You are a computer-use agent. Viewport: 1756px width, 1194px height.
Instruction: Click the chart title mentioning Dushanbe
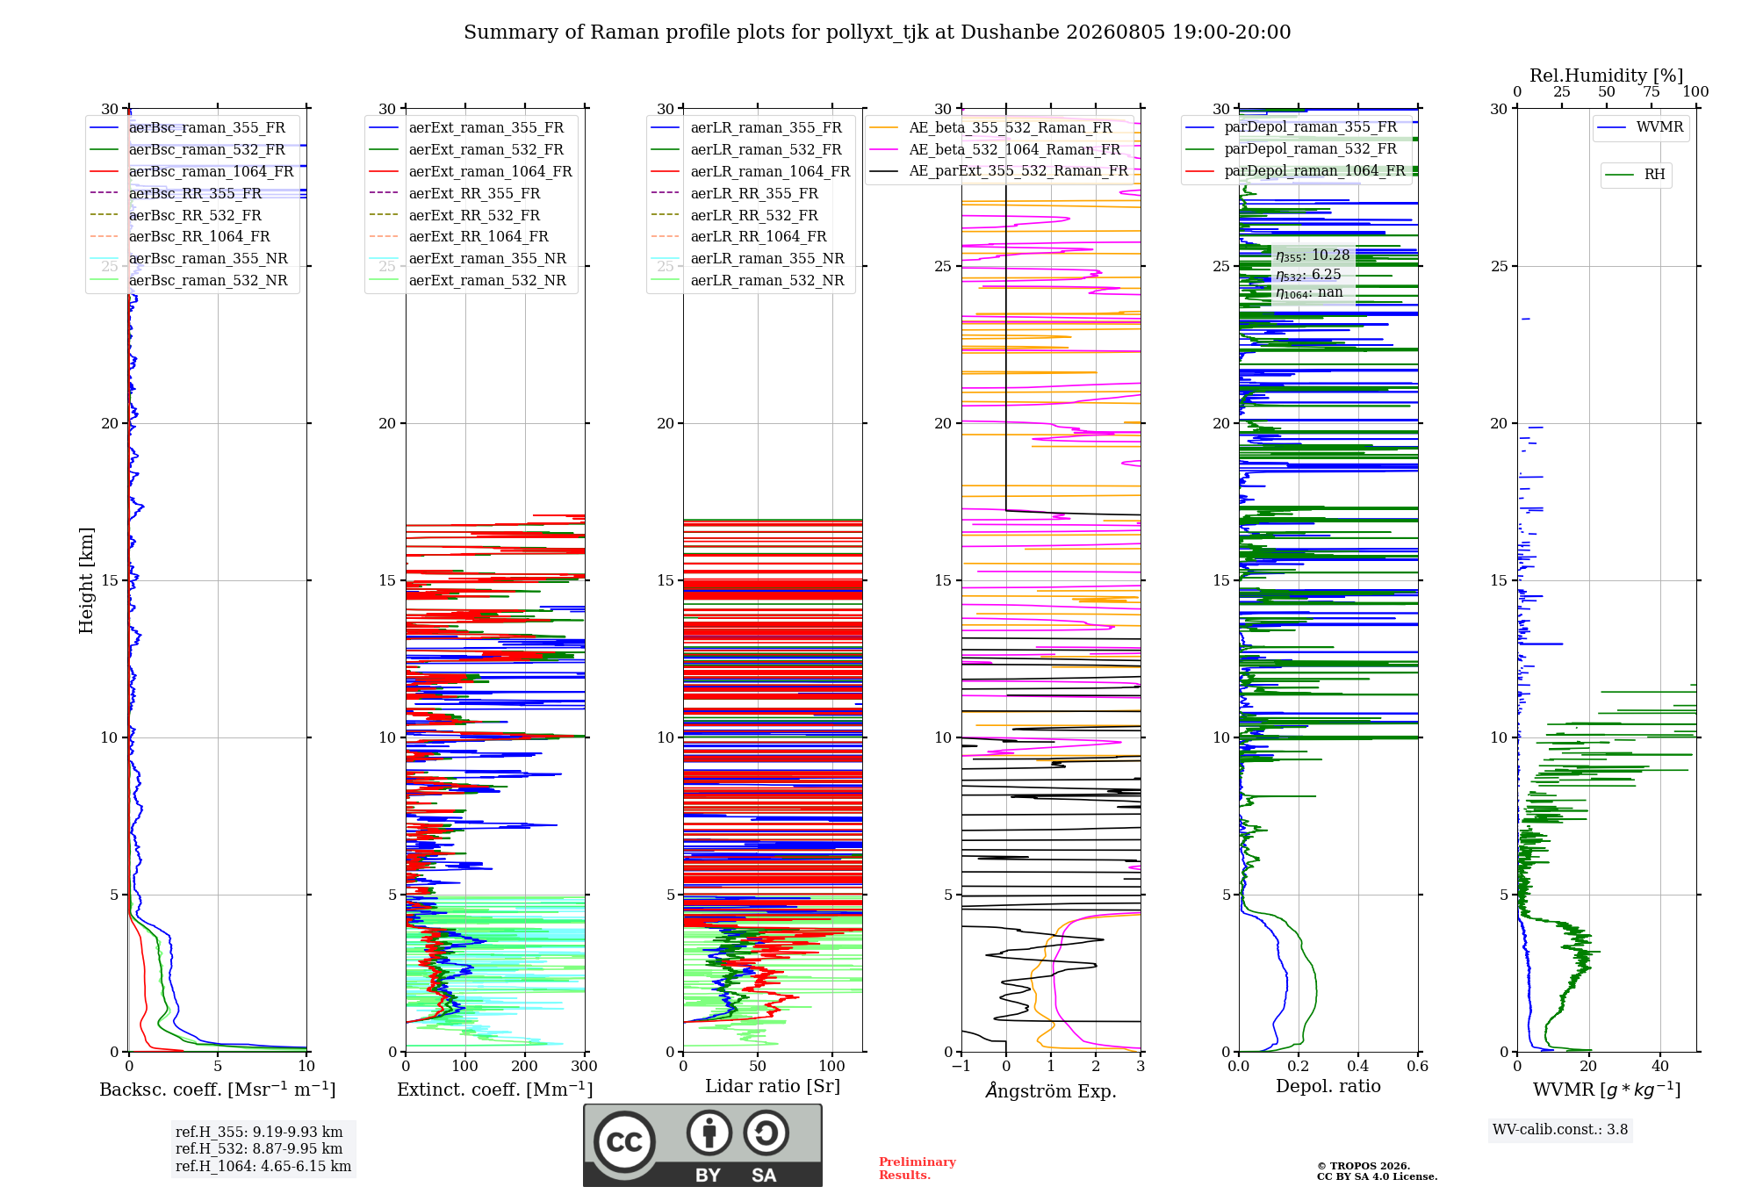tap(877, 32)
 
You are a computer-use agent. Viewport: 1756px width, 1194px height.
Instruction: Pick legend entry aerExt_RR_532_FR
tap(474, 215)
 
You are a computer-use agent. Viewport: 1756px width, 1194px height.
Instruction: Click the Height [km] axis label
tap(86, 580)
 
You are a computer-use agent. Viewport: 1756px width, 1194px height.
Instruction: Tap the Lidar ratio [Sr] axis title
tap(773, 1086)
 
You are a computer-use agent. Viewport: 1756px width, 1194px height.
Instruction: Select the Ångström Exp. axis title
tap(1051, 1090)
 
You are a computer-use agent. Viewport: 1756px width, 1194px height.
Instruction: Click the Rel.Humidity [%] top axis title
tap(1607, 76)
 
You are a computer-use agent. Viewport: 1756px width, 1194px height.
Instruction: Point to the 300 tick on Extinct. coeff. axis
tap(584, 1066)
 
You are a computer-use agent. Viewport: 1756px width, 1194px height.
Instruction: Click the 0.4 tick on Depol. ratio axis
tap(1358, 1066)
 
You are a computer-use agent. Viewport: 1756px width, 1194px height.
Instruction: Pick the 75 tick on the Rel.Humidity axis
tap(1652, 91)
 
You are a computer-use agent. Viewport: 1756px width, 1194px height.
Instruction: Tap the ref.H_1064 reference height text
tap(263, 1166)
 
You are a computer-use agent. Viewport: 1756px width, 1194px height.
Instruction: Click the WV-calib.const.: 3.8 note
tap(1560, 1129)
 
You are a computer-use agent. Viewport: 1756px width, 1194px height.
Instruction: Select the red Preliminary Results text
tap(918, 1169)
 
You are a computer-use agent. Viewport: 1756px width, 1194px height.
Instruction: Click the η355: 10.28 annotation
tap(1313, 255)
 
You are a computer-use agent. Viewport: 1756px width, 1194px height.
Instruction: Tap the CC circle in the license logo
tap(625, 1142)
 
